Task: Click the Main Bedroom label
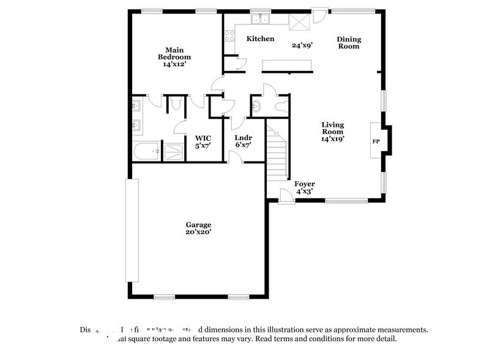pos(171,56)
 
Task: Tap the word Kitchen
pos(259,39)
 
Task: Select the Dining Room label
pos(349,42)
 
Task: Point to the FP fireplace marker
pos(376,141)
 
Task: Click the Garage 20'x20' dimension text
pos(199,232)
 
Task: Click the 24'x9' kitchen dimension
pos(302,45)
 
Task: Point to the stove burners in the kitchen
pos(230,36)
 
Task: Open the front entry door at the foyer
pos(286,196)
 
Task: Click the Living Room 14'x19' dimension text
pos(333,131)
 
